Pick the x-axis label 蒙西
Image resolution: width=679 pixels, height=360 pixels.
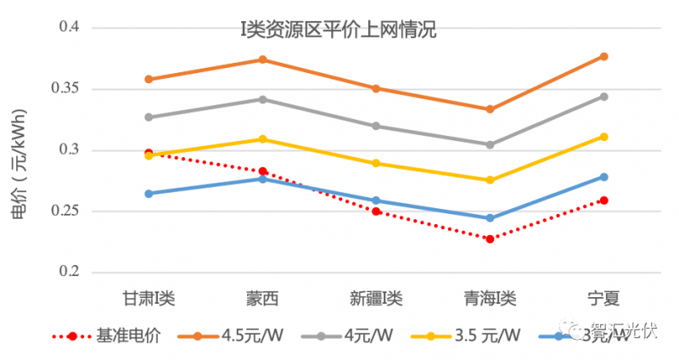pos(262,299)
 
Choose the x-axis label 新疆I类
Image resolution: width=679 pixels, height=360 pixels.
pos(376,299)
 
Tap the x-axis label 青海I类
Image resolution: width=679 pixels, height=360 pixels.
pos(490,299)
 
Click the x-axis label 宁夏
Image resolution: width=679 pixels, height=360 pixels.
pos(603,299)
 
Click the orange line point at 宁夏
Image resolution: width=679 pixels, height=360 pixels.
pos(603,56)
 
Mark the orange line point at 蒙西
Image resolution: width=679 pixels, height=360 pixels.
pos(262,59)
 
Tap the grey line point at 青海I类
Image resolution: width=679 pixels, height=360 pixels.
pos(490,144)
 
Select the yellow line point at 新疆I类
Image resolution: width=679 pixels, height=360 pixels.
pos(376,163)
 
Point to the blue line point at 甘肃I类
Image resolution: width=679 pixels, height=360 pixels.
pos(149,194)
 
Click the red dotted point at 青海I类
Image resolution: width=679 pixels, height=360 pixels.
pos(490,239)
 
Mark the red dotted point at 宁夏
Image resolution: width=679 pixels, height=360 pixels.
pos(603,200)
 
